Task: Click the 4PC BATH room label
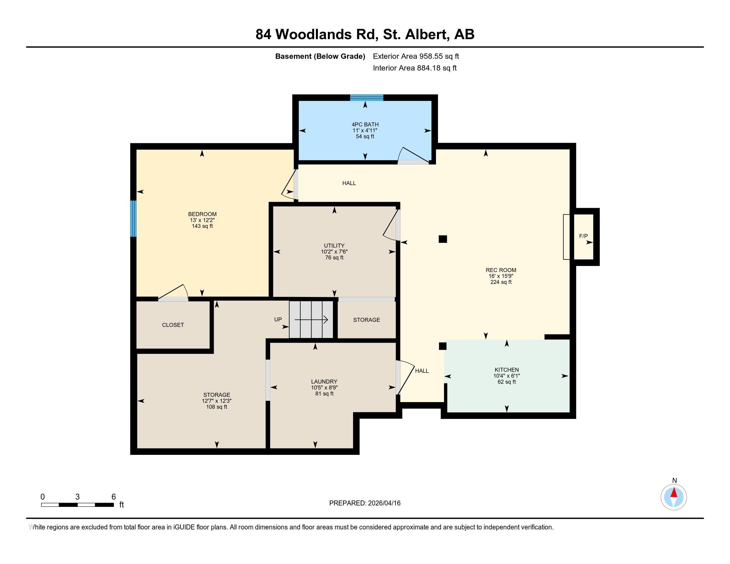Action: (x=365, y=125)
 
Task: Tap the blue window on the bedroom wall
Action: (x=133, y=219)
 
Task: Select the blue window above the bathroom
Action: (x=366, y=98)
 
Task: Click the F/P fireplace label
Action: (x=583, y=236)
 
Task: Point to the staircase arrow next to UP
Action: (x=311, y=320)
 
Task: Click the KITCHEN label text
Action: (x=506, y=370)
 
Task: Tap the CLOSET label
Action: (x=173, y=325)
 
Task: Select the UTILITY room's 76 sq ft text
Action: (x=334, y=257)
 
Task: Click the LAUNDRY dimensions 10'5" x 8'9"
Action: (x=324, y=388)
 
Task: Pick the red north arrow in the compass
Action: (x=674, y=493)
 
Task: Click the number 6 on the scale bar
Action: (x=113, y=497)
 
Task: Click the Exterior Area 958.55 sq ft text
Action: (x=416, y=56)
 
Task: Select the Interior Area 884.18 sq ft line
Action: (x=414, y=68)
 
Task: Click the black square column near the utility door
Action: (x=443, y=239)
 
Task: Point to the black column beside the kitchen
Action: (x=443, y=346)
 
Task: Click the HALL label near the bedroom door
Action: (x=349, y=183)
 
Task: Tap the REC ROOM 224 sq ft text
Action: (x=501, y=282)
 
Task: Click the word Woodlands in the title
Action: (x=313, y=35)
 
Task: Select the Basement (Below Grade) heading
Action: (x=320, y=56)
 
